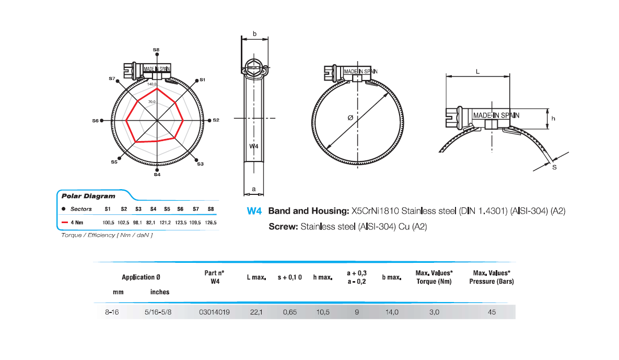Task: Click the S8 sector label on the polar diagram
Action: click(x=156, y=49)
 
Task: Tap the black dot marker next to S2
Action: click(x=209, y=120)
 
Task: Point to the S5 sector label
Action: click(x=114, y=162)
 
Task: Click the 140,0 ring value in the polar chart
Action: click(x=152, y=84)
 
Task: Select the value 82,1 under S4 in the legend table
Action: click(x=152, y=223)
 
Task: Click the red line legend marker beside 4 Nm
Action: click(x=65, y=223)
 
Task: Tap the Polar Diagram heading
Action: click(x=80, y=196)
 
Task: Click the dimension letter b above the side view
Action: click(x=254, y=33)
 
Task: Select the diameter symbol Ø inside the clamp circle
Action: click(x=350, y=119)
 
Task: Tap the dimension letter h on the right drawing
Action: click(x=553, y=119)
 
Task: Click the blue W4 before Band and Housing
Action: click(x=254, y=212)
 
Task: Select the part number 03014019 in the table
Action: click(x=214, y=312)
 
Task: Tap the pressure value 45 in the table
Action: click(x=491, y=312)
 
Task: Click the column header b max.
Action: click(x=391, y=277)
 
